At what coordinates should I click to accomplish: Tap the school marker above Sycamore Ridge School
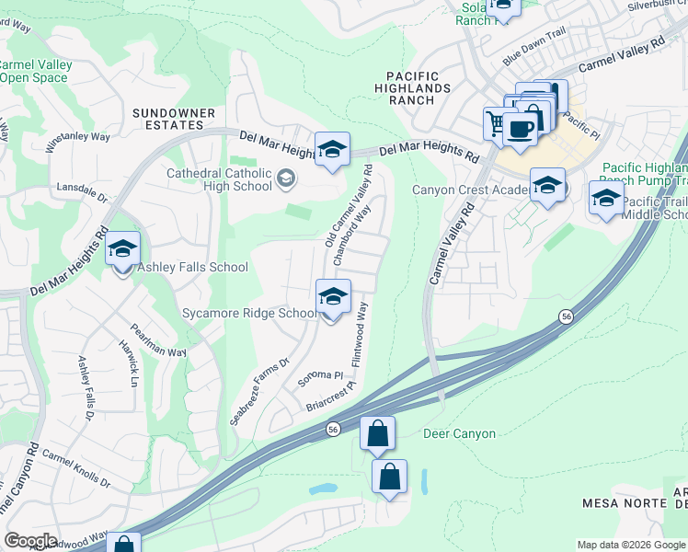(x=333, y=297)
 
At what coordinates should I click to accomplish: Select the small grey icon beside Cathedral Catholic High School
(x=286, y=178)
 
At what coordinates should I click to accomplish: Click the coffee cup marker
(x=521, y=129)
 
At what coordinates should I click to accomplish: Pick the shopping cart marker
(x=497, y=122)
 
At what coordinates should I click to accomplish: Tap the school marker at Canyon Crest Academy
(x=547, y=187)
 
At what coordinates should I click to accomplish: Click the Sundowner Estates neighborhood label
(x=174, y=119)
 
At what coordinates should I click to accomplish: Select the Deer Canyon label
(x=459, y=433)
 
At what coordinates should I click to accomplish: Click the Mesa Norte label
(x=617, y=503)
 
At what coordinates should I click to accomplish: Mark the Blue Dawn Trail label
(x=533, y=57)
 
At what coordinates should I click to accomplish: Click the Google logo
(x=29, y=541)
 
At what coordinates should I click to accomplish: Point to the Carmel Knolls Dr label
(x=75, y=468)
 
